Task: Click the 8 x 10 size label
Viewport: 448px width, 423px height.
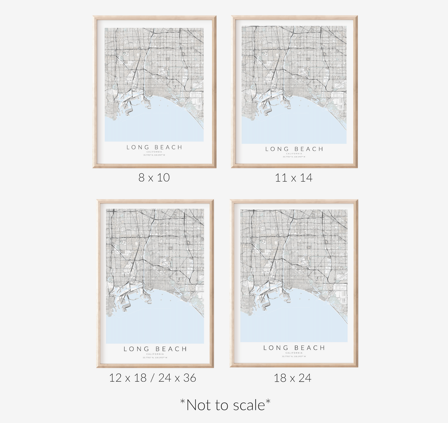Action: pyautogui.click(x=154, y=178)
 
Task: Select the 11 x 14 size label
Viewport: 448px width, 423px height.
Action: pyautogui.click(x=294, y=178)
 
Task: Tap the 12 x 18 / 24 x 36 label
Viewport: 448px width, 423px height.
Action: pyautogui.click(x=153, y=378)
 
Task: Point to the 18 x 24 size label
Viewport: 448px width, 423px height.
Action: pyautogui.click(x=292, y=378)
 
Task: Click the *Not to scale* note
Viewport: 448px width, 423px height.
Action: pyautogui.click(x=225, y=405)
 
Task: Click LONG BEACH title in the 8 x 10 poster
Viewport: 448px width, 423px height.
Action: pyautogui.click(x=154, y=147)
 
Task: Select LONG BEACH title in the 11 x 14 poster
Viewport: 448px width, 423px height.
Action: pyautogui.click(x=294, y=149)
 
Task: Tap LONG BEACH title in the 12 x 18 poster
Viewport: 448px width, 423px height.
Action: pyautogui.click(x=155, y=349)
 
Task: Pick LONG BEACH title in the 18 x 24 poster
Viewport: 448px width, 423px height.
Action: pyautogui.click(x=294, y=348)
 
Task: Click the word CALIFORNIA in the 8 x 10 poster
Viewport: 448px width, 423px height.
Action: pyautogui.click(x=154, y=152)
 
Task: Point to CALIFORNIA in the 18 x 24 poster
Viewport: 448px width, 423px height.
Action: pyautogui.click(x=294, y=353)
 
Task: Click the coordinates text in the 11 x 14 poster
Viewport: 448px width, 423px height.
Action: pyautogui.click(x=294, y=157)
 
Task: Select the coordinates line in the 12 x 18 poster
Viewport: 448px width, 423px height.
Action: pyautogui.click(x=155, y=358)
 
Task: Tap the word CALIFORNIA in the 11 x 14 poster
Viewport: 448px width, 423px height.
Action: pyautogui.click(x=294, y=154)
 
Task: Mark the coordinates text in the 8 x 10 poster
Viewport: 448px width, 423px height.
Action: pyautogui.click(x=154, y=155)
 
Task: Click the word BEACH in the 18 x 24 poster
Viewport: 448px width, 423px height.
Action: pyautogui.click(x=309, y=348)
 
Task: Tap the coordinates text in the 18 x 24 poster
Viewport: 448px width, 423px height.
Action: pyautogui.click(x=294, y=356)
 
